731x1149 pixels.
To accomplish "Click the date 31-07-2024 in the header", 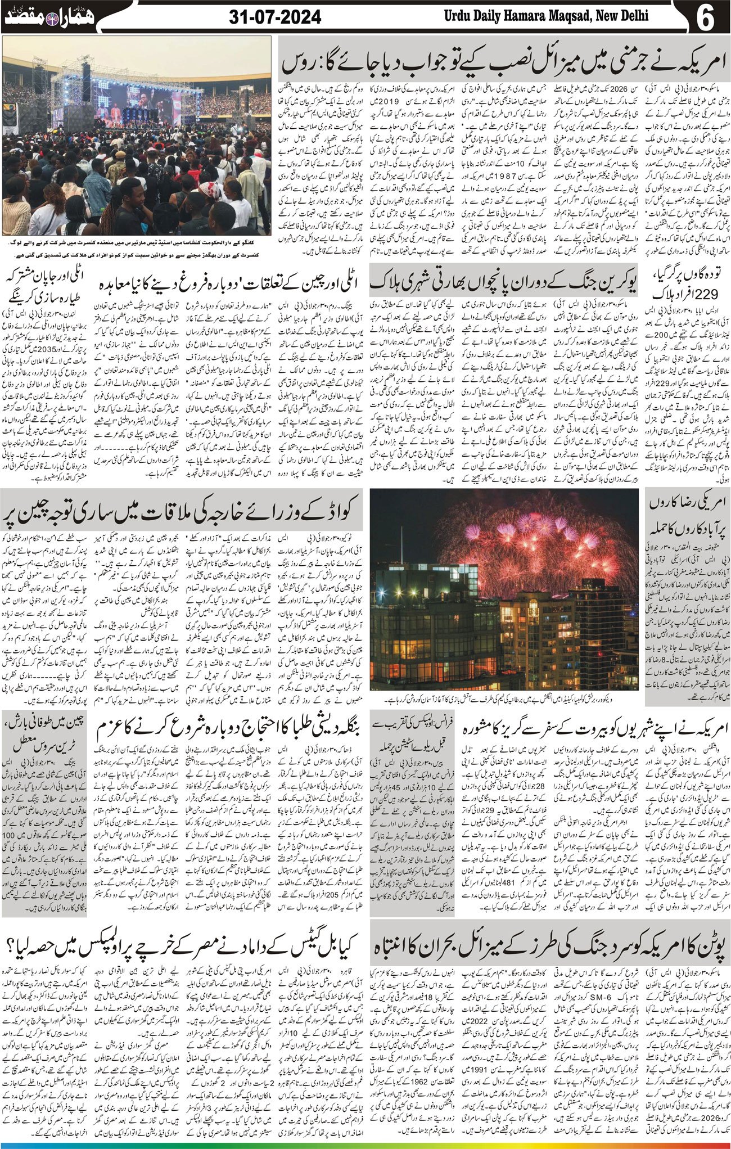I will click(x=276, y=17).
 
